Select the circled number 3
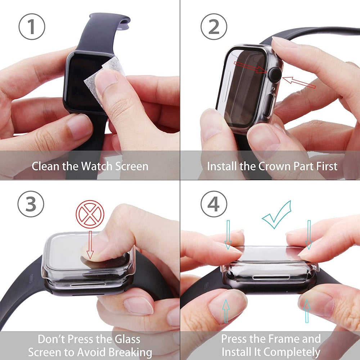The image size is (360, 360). (x=31, y=204)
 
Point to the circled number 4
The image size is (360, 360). (x=214, y=204)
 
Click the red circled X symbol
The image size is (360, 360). (x=90, y=216)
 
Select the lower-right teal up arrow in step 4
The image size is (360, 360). (x=306, y=310)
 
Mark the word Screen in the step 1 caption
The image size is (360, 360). (x=132, y=166)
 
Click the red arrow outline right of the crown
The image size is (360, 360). (x=299, y=82)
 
